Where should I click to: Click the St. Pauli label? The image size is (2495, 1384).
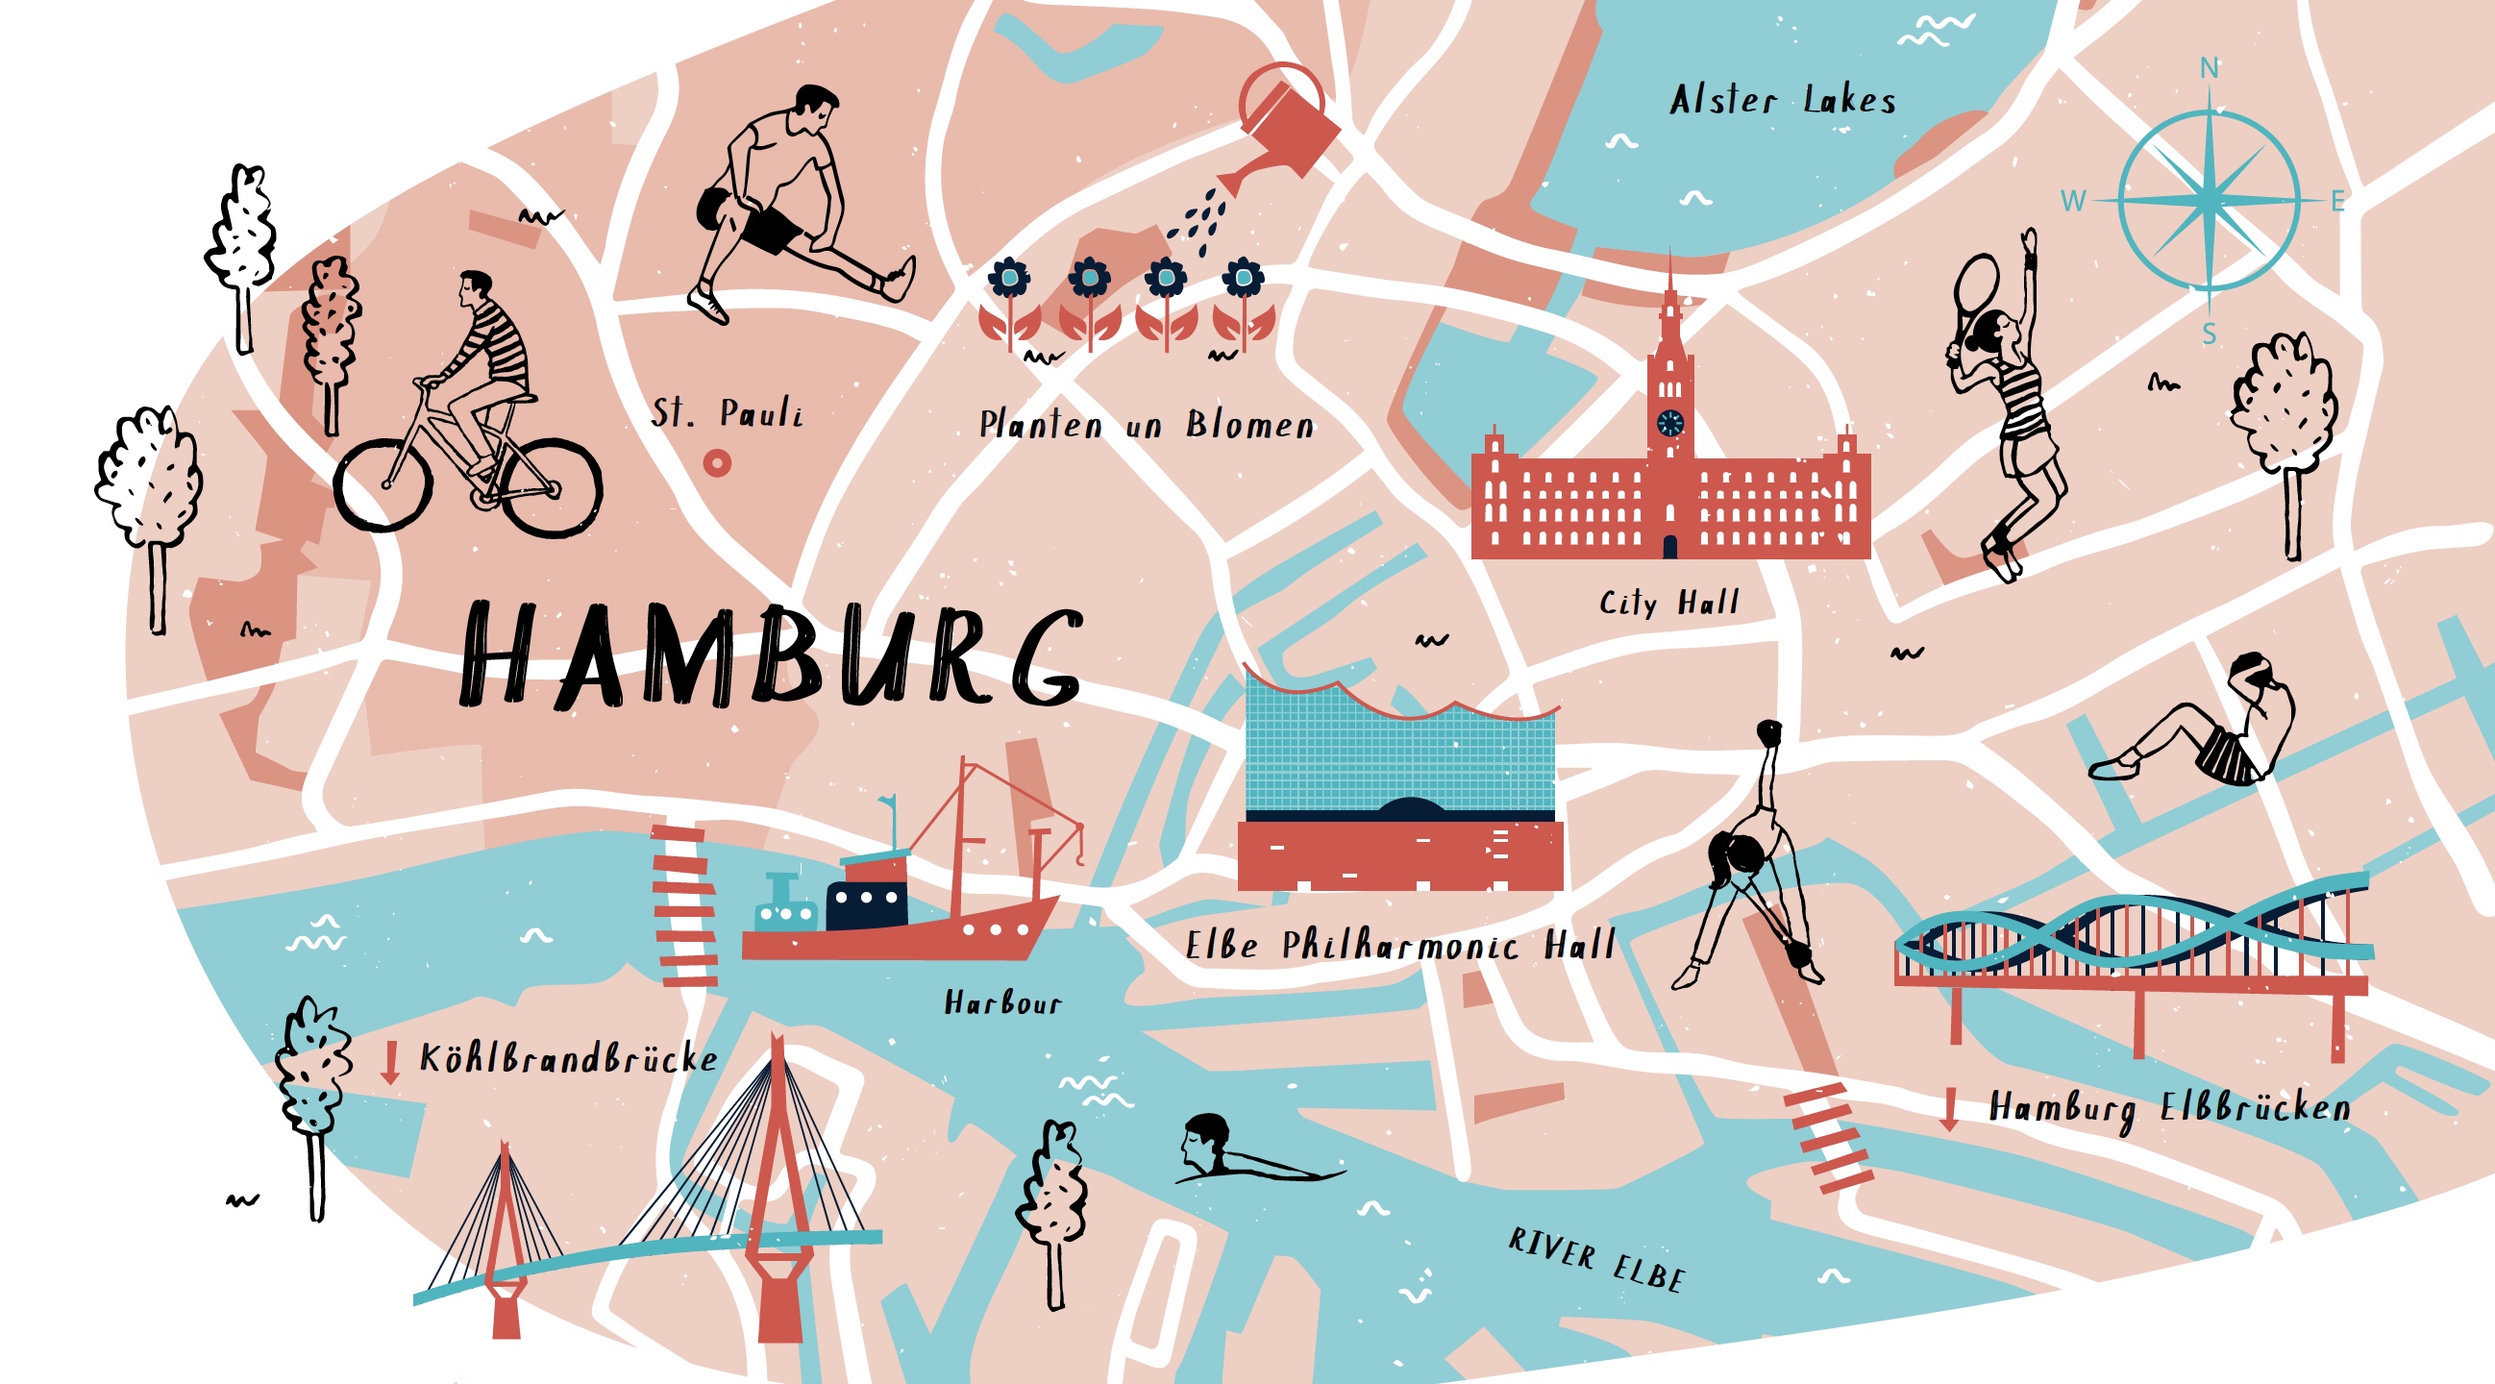coord(727,413)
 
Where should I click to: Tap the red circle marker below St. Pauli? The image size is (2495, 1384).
coord(717,463)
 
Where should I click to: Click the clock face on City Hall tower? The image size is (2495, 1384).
coord(1669,422)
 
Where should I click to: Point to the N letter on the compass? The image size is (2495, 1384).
coord(2210,68)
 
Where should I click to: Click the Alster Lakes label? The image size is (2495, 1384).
coord(1782,100)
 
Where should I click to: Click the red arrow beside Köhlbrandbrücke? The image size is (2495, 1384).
coord(390,1062)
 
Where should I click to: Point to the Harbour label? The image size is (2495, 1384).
coord(1002,1002)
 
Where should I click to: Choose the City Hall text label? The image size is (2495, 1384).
coord(1668,603)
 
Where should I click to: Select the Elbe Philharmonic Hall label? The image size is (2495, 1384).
coord(1399,946)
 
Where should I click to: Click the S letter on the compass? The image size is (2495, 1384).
coord(2210,334)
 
